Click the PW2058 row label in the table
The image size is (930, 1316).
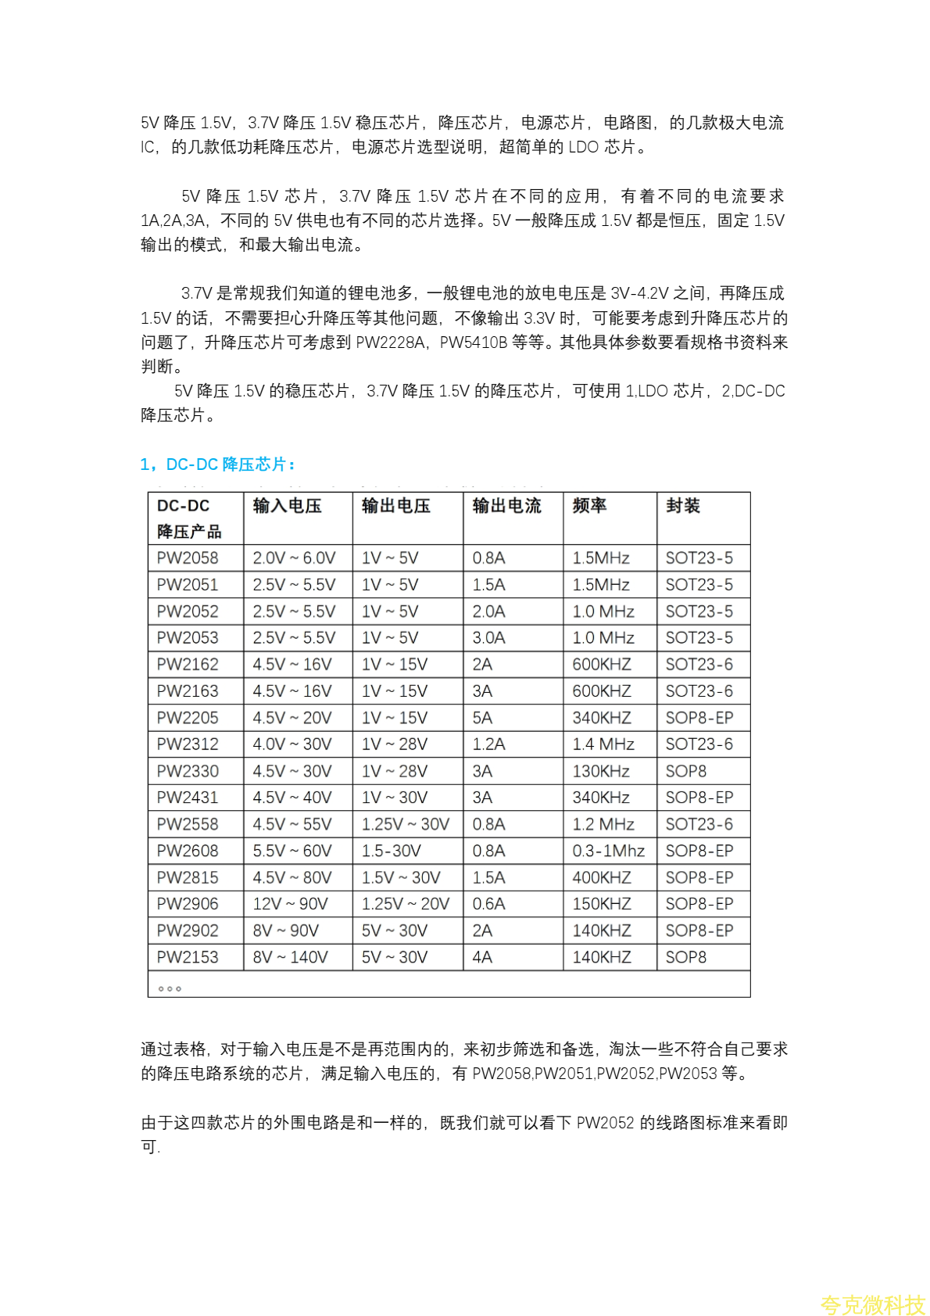pos(188,558)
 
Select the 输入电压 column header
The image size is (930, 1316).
pos(287,506)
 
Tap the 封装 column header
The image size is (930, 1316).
pos(682,506)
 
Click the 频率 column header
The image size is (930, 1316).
pos(589,506)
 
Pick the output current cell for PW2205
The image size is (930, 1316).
pos(482,718)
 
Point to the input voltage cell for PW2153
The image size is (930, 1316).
pos(290,957)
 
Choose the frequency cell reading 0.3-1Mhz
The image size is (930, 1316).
pos(608,851)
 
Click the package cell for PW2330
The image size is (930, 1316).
pos(685,771)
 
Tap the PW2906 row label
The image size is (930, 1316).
pos(188,904)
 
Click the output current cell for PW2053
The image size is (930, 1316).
pos(488,638)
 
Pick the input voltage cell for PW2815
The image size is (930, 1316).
pos(292,877)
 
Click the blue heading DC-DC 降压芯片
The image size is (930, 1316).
pos(218,464)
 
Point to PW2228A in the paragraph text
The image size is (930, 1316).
pos(389,342)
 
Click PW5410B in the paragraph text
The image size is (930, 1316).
pos(473,342)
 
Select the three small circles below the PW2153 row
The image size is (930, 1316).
pos(170,989)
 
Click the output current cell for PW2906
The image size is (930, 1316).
pos(488,904)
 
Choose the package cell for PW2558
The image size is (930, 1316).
pos(699,824)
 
